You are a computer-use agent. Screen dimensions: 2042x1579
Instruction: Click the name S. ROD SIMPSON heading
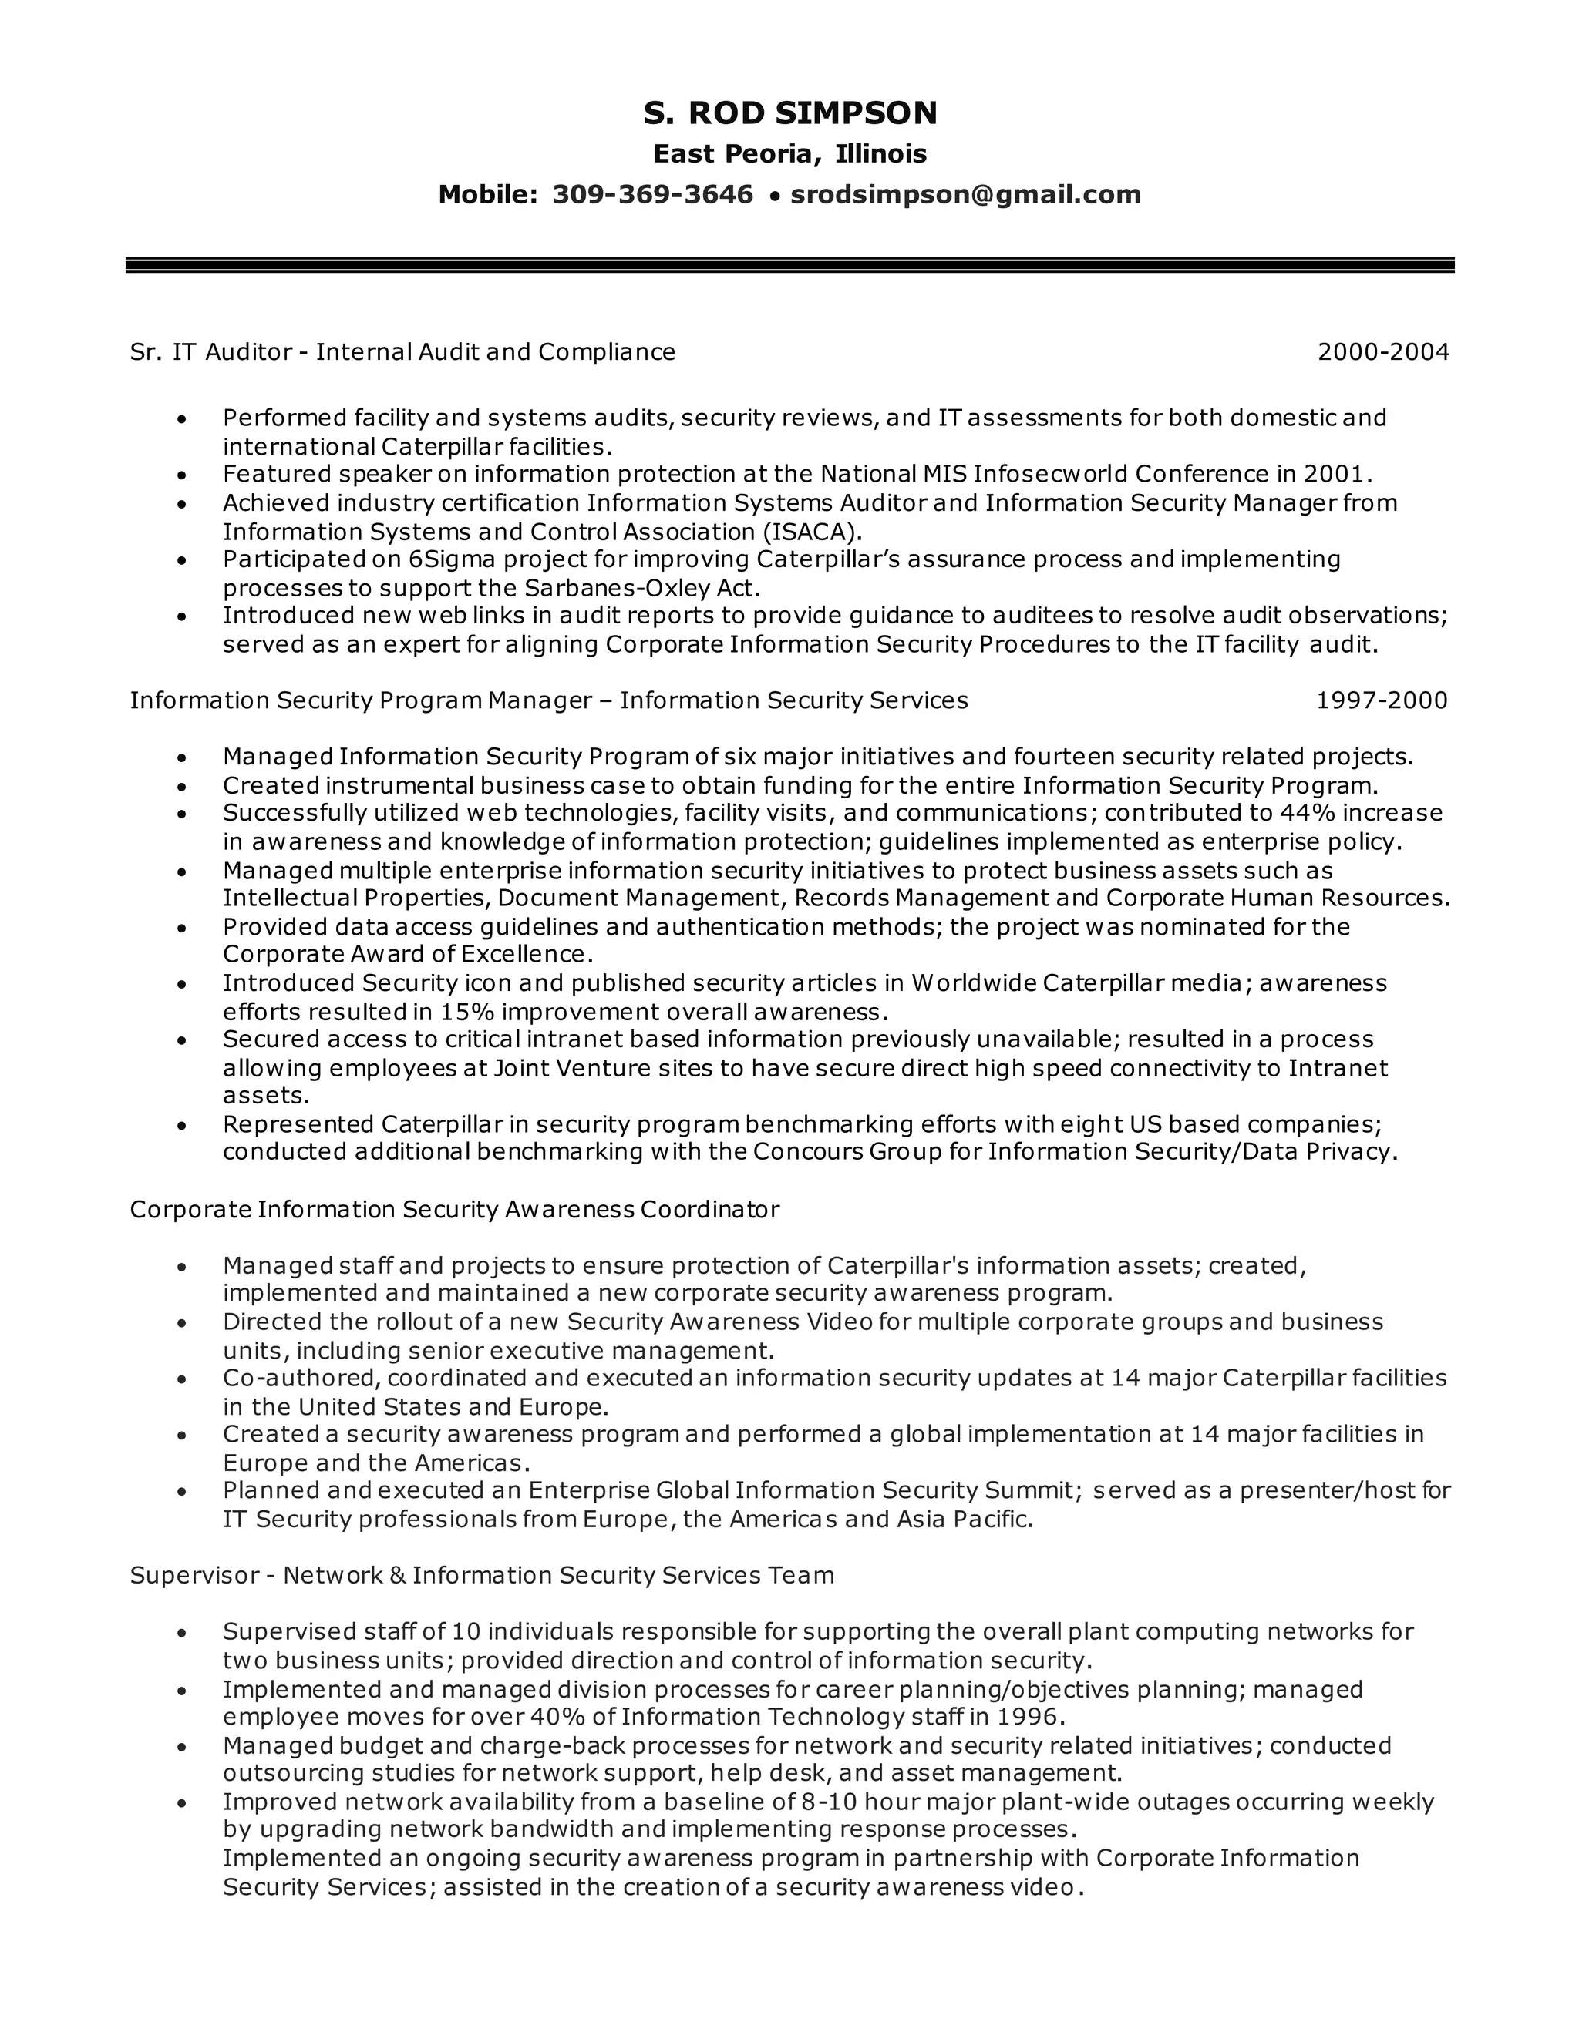click(789, 113)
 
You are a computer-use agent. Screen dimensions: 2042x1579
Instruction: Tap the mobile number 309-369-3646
click(652, 194)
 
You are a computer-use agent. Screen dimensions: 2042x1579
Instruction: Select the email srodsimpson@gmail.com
click(965, 194)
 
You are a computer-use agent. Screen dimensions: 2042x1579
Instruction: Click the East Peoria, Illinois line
click(789, 153)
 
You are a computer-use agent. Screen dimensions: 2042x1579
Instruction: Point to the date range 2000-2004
click(1382, 352)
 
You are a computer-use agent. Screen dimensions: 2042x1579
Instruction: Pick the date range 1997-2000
click(1382, 700)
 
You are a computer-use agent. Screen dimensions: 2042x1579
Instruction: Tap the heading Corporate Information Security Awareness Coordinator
click(453, 1210)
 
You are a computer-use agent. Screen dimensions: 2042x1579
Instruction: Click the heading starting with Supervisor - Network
click(482, 1576)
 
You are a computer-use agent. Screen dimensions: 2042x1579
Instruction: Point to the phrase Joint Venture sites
click(571, 1068)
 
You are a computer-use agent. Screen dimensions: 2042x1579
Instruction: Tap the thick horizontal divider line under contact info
click(789, 266)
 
